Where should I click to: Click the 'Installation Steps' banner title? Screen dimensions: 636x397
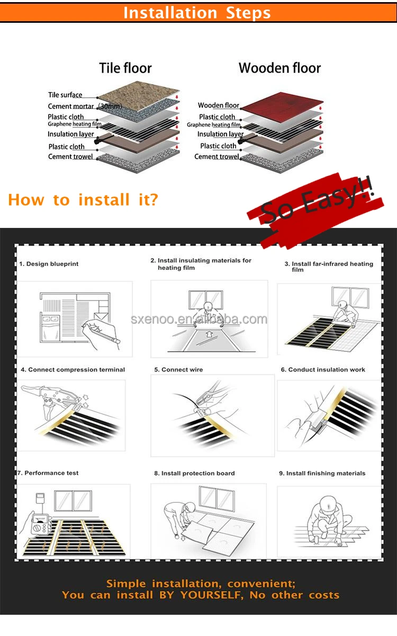[x=197, y=12]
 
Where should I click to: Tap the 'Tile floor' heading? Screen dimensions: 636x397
[x=125, y=68]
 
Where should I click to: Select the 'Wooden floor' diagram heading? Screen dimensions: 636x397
[x=279, y=68]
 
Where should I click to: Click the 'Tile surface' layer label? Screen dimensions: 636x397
[x=65, y=95]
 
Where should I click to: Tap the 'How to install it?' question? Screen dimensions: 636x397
[x=83, y=200]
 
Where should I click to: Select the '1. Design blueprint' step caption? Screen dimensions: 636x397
[x=49, y=264]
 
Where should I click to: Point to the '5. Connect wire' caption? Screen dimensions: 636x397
[x=178, y=369]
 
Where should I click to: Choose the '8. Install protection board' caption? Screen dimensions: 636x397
[x=194, y=473]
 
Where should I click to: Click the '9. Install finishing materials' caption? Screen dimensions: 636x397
[x=322, y=473]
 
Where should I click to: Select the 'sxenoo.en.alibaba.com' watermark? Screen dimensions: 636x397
[x=199, y=319]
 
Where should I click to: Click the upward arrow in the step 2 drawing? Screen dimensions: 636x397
[x=210, y=335]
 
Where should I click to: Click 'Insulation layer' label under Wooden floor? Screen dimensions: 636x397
[x=220, y=134]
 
